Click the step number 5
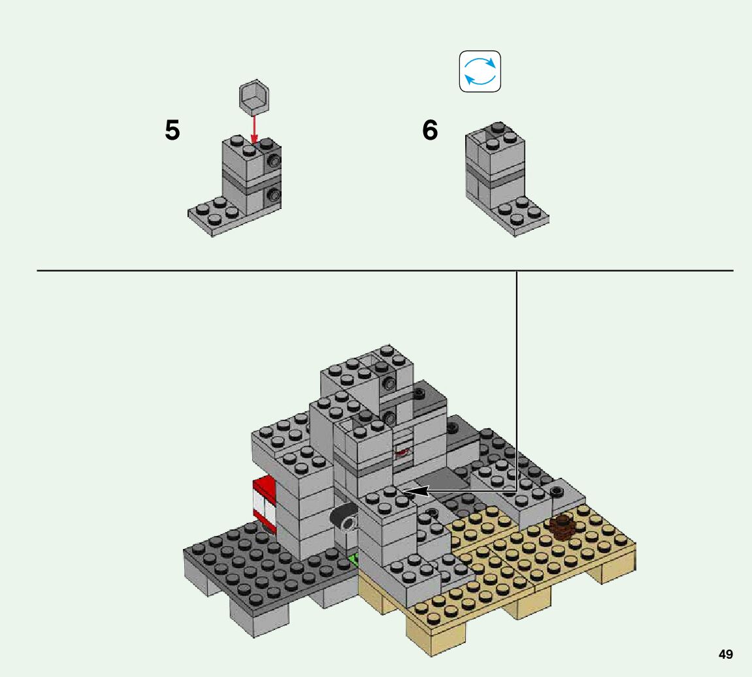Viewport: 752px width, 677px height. [172, 130]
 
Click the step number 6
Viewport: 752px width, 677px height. [430, 130]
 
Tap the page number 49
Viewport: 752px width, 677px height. [726, 654]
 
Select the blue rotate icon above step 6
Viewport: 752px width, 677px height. [480, 71]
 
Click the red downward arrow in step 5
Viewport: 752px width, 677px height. [254, 129]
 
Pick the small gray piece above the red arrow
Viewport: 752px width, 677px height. [254, 97]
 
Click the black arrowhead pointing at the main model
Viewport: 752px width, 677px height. [416, 491]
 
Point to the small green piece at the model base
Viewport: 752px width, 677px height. [355, 559]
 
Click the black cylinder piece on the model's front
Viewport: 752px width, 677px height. [344, 520]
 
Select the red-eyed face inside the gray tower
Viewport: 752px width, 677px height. [402, 451]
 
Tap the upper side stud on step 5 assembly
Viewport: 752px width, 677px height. [274, 161]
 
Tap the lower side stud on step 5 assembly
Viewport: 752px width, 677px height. [274, 195]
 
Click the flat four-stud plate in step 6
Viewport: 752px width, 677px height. [519, 217]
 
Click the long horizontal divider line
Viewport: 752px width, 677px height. [385, 271]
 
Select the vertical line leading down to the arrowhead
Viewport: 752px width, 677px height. [517, 381]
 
